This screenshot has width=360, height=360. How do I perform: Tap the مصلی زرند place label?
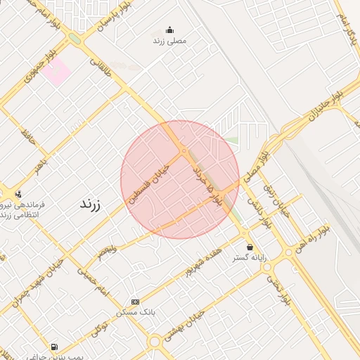tap(169, 41)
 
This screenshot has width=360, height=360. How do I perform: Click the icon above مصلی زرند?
tap(169, 30)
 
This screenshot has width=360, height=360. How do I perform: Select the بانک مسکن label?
tap(136, 311)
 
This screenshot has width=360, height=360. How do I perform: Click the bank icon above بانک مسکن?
tap(136, 301)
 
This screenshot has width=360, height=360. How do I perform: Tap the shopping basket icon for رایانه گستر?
tap(250, 247)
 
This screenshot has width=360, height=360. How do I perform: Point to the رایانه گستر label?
tap(251, 258)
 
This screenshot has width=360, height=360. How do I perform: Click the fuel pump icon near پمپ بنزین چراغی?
tap(54, 347)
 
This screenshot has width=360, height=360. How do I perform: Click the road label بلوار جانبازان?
tap(323, 108)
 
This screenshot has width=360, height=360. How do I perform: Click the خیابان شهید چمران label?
tap(35, 282)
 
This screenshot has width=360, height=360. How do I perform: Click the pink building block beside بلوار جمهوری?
tap(56, 72)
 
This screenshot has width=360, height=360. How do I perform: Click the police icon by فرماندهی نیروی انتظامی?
tap(18, 193)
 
